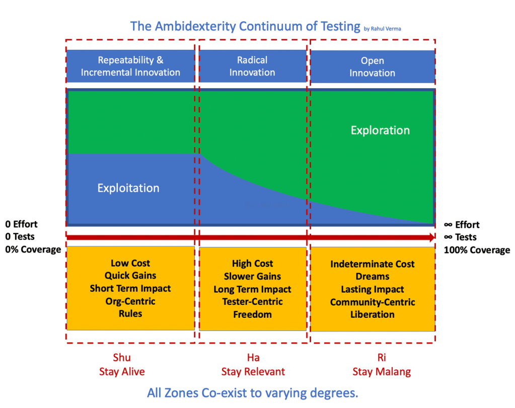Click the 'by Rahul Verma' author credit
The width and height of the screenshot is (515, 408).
[x=382, y=29]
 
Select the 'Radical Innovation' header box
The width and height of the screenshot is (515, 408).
[x=252, y=66]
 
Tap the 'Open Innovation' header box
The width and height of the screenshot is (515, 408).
[x=373, y=66]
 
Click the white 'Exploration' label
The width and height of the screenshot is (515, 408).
[x=380, y=130]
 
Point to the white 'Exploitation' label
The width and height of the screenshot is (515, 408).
[x=128, y=188]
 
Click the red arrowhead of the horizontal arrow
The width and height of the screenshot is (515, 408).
[x=430, y=237]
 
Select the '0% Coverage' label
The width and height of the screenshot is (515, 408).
[x=33, y=250]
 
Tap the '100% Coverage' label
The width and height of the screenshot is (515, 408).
[x=476, y=250]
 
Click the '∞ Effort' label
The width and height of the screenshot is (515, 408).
[x=462, y=225]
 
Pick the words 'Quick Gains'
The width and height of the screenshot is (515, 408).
[x=130, y=276]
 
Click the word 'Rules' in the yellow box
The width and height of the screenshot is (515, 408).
[x=130, y=313]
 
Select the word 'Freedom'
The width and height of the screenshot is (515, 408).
[x=252, y=314]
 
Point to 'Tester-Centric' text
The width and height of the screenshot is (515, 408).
[x=252, y=302]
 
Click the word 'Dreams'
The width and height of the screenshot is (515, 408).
[x=373, y=277]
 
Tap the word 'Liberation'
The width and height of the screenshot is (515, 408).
[x=373, y=314]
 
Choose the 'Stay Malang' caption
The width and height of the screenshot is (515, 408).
[x=373, y=372]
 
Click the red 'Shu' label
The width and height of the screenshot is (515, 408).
[x=122, y=358]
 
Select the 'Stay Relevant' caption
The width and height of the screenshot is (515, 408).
[x=253, y=372]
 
